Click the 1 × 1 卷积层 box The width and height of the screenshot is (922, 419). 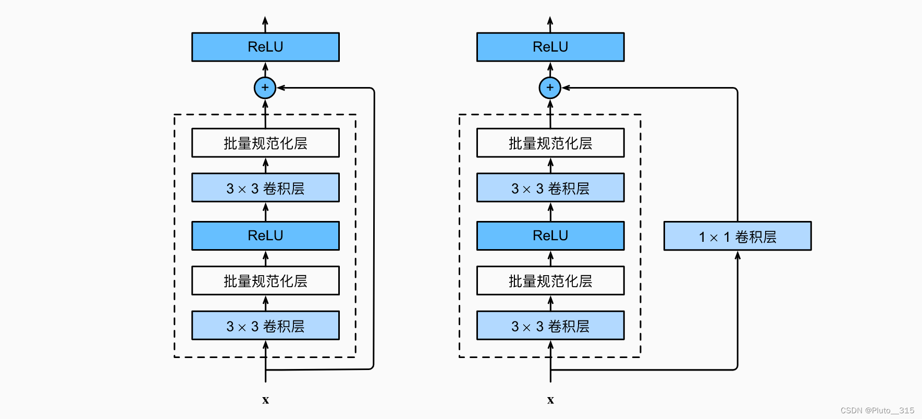click(737, 236)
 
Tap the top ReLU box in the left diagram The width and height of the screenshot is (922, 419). click(265, 47)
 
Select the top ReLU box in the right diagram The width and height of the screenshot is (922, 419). click(550, 47)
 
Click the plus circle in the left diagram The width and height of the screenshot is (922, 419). click(265, 88)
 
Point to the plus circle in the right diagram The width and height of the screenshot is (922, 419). click(550, 88)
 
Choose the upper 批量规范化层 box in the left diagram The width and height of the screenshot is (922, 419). click(265, 143)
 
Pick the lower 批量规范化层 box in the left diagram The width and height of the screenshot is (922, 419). click(265, 281)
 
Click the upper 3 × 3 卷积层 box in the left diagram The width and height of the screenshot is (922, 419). click(265, 188)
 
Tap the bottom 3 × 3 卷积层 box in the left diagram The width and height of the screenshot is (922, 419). click(265, 326)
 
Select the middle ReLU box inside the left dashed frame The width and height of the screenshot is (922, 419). click(265, 236)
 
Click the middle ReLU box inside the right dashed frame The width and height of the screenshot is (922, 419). click(550, 236)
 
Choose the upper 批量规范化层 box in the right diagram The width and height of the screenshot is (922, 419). click(550, 143)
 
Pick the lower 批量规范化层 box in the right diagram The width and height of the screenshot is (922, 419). click(550, 281)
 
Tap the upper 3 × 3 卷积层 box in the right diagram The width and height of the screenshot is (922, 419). click(550, 188)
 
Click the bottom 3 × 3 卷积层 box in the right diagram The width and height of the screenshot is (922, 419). click(550, 326)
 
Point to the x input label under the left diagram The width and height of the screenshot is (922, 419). click(265, 400)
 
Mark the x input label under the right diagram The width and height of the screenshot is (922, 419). click(550, 400)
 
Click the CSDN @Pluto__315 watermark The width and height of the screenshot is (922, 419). click(877, 410)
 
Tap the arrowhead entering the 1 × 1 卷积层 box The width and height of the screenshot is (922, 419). click(737, 255)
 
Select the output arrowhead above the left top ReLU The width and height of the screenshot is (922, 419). click(265, 21)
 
